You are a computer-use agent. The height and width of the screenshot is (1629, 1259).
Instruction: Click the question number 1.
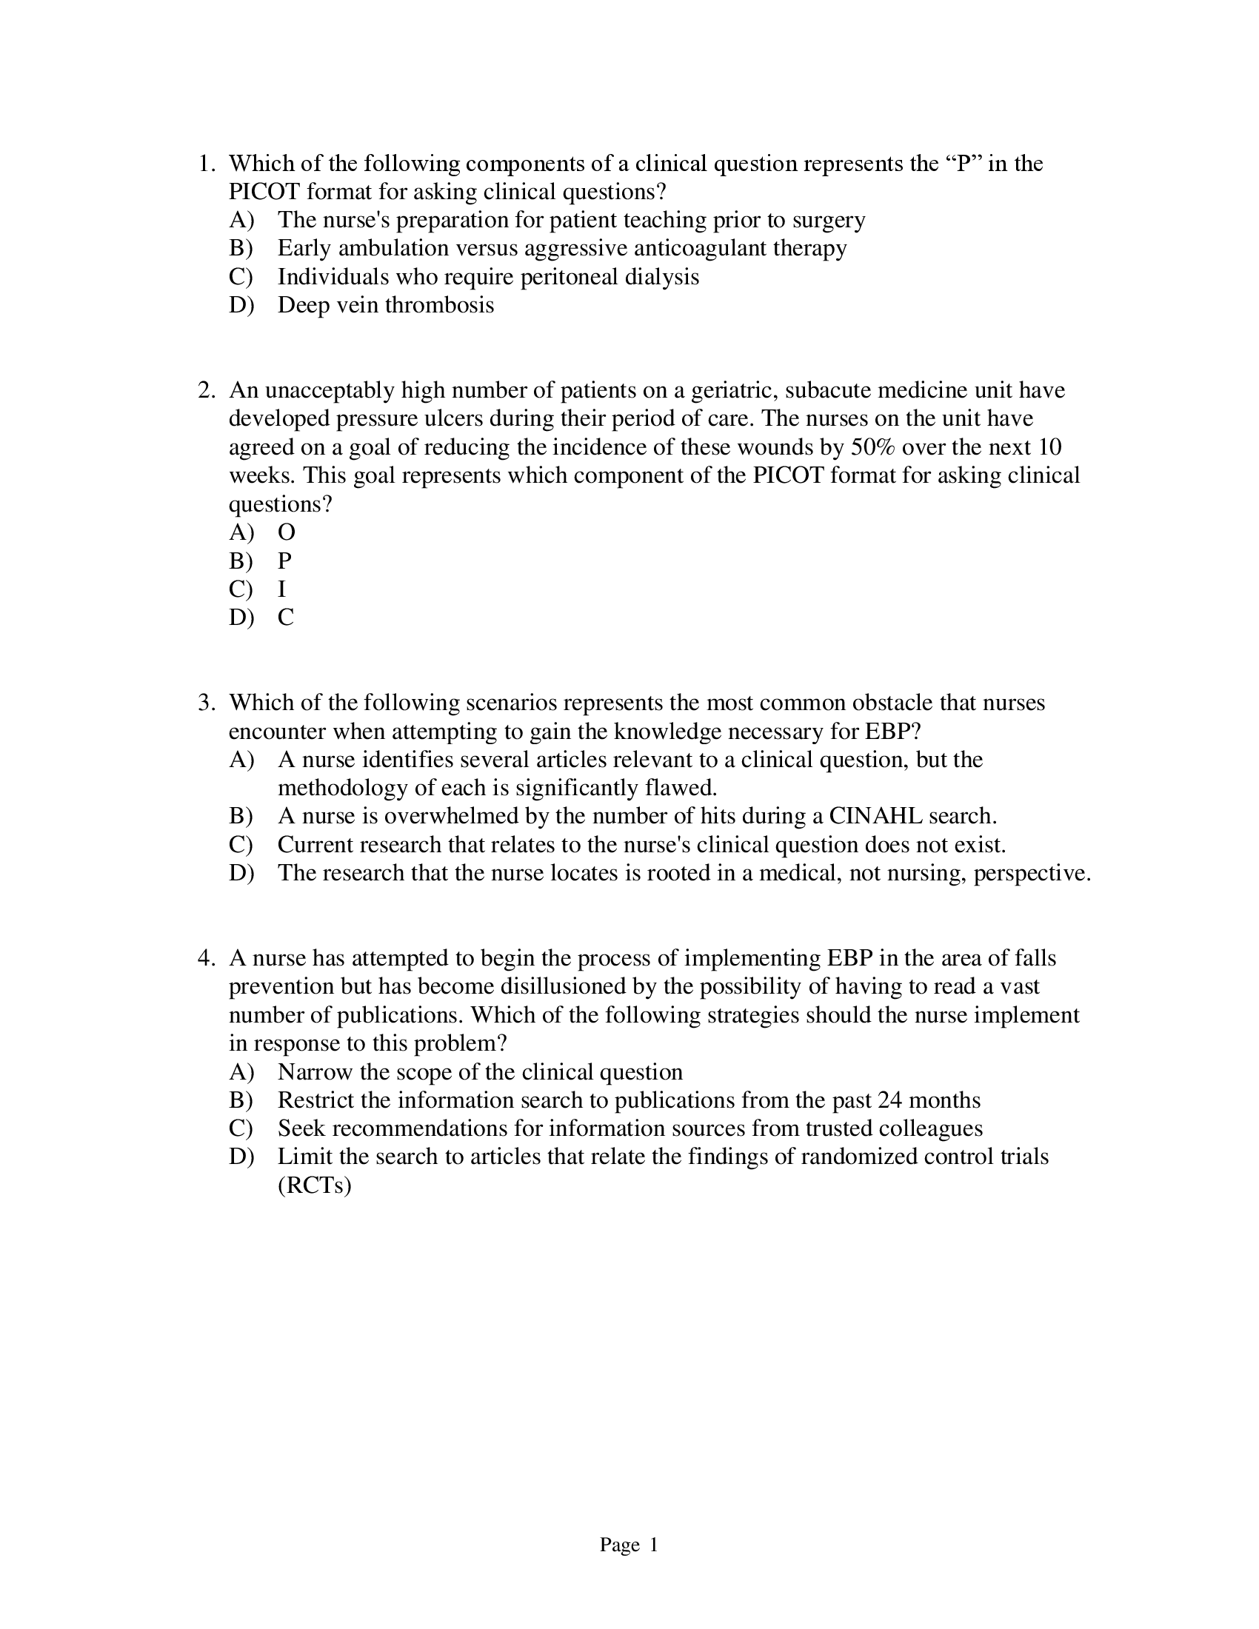tap(205, 164)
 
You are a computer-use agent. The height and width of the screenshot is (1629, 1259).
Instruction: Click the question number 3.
tap(205, 703)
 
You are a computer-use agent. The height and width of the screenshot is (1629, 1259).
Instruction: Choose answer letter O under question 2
tap(287, 532)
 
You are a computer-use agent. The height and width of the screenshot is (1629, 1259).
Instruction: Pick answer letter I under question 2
tap(282, 589)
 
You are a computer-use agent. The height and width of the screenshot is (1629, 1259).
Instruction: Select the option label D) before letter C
tap(241, 618)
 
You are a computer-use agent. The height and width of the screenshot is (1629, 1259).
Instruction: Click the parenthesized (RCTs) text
tap(314, 1186)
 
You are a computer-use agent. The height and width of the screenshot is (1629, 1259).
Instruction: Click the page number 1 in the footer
tap(653, 1545)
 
